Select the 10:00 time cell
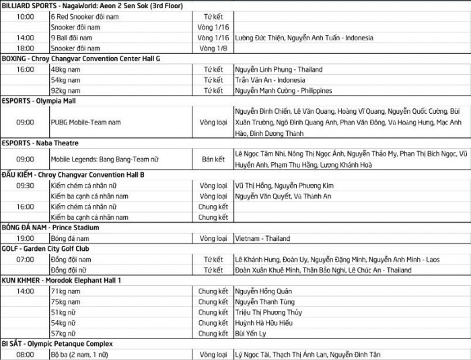(x=26, y=16)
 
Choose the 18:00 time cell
(x=26, y=48)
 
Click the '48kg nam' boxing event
(x=66, y=69)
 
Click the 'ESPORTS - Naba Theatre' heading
(x=40, y=143)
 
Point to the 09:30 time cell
(x=26, y=186)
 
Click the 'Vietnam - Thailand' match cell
(x=262, y=238)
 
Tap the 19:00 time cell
(x=26, y=238)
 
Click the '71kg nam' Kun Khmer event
(x=66, y=291)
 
